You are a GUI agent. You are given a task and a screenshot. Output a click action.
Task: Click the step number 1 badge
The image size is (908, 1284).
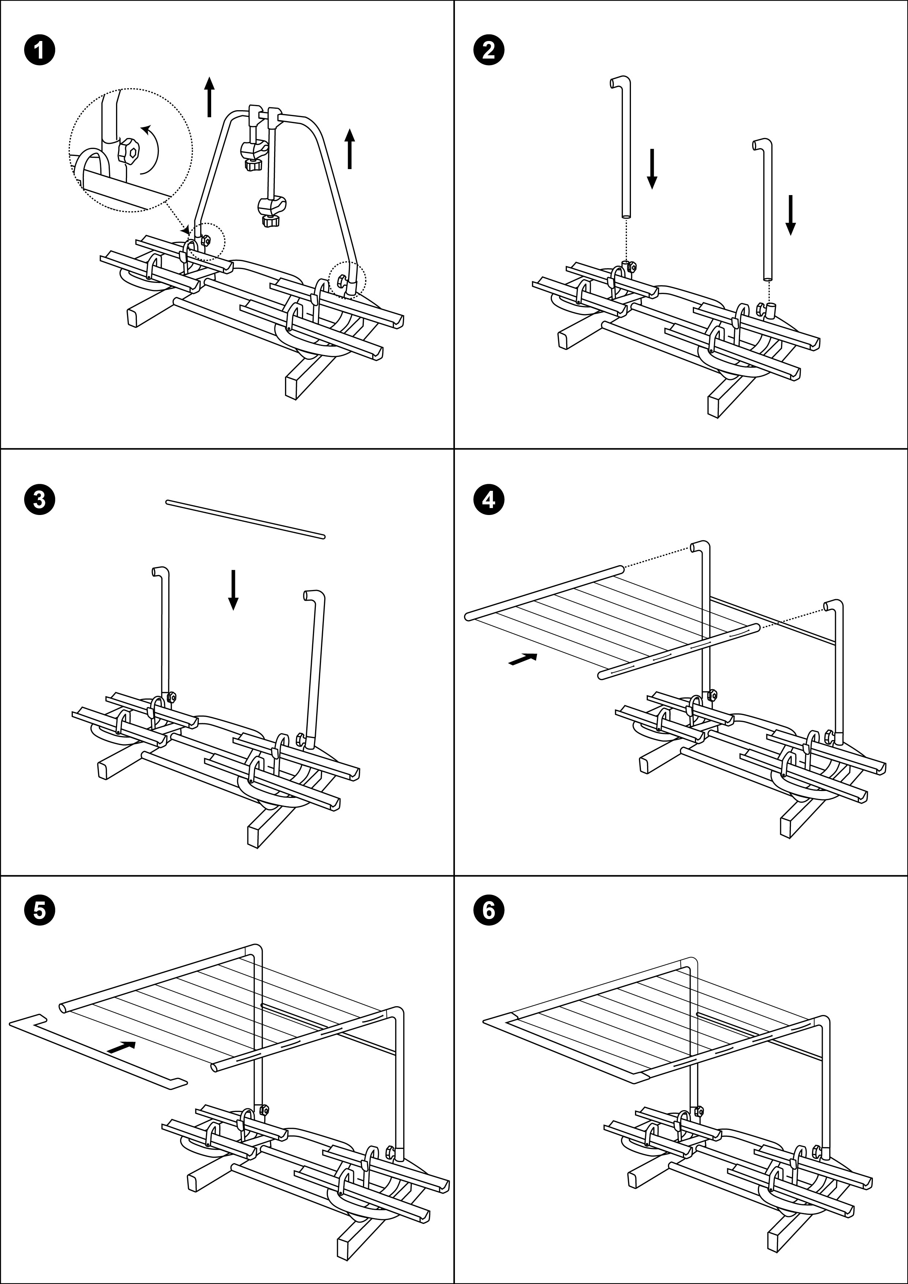tap(40, 51)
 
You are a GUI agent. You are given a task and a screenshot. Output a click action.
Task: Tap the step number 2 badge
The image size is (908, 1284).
tap(488, 51)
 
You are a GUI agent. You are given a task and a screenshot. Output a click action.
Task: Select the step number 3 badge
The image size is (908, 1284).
tap(40, 499)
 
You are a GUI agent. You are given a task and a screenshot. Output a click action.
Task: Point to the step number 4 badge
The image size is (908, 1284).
tap(488, 499)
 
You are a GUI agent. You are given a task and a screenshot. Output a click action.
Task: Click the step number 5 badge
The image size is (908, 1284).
tap(40, 910)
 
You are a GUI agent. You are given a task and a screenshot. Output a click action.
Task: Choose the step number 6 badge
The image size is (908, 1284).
tap(488, 910)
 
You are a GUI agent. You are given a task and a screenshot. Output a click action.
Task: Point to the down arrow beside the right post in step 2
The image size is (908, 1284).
tap(790, 215)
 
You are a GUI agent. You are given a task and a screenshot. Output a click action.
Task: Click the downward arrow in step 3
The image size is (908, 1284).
tap(233, 590)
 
